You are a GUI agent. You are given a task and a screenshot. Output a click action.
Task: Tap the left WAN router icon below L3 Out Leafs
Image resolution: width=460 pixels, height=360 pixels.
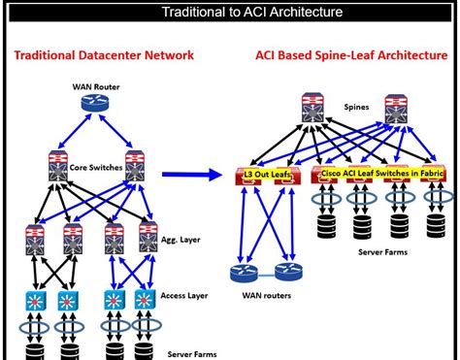(x=237, y=274)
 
